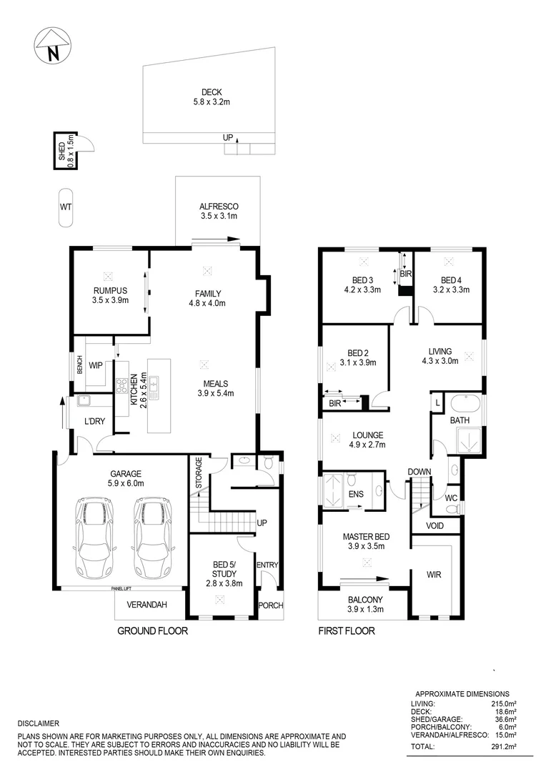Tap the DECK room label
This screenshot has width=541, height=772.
(x=211, y=92)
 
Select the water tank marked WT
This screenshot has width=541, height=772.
(x=65, y=207)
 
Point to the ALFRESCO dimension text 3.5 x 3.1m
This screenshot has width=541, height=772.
(x=218, y=216)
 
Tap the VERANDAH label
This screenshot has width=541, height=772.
(x=147, y=605)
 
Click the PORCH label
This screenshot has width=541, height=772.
(x=270, y=605)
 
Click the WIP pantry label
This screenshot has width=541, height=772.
(x=96, y=365)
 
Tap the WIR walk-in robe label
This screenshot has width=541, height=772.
(x=434, y=574)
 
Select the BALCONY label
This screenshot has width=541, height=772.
(x=364, y=600)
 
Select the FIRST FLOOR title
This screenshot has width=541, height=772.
(x=347, y=631)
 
